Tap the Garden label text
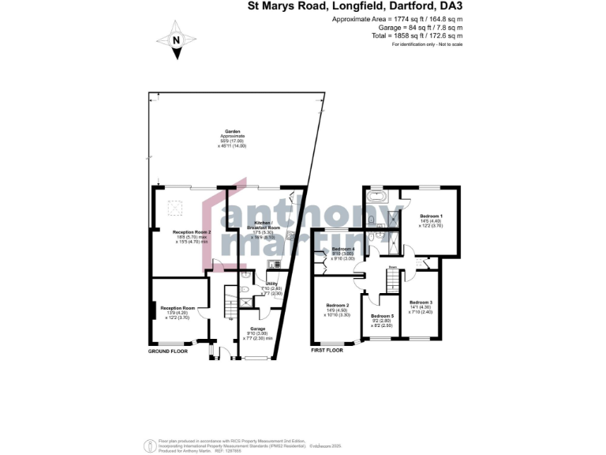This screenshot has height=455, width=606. [232, 132]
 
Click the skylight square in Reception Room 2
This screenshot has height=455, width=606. [178, 208]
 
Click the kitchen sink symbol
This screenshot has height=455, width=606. [273, 264]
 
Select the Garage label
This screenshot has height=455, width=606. [257, 329]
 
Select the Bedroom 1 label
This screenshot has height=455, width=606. [431, 216]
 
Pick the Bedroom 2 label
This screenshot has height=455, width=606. [338, 305]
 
